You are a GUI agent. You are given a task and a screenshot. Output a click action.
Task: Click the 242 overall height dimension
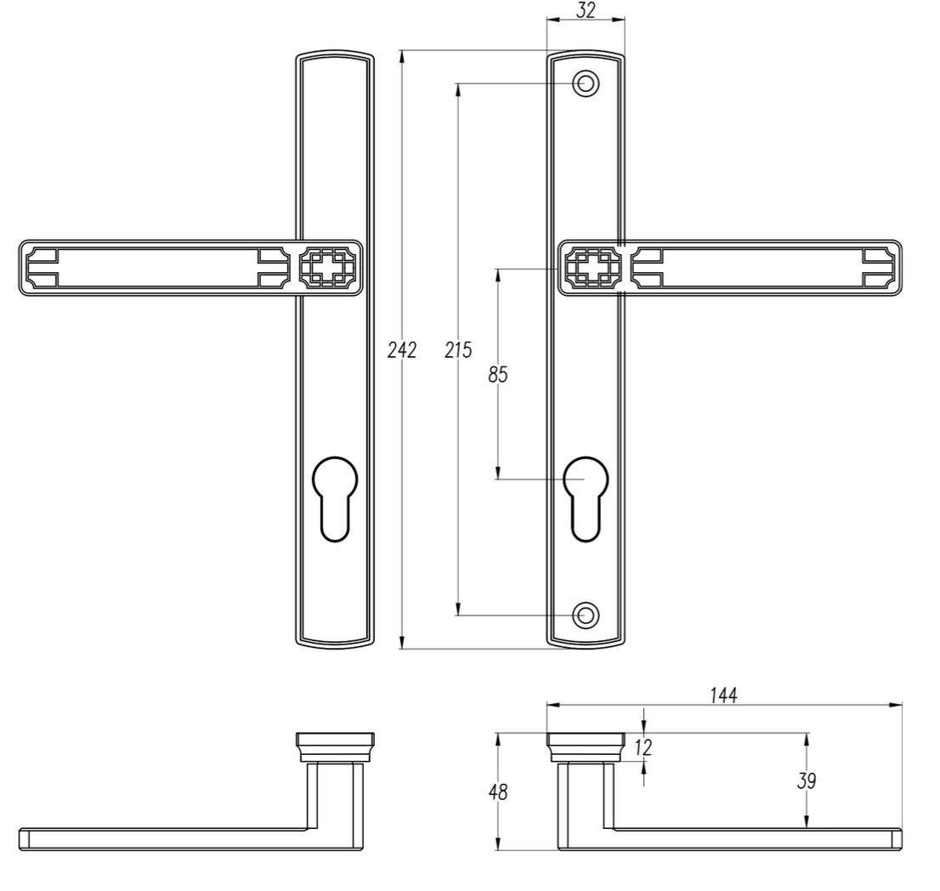click(402, 349)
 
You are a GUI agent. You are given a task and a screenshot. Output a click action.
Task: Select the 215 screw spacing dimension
click(459, 349)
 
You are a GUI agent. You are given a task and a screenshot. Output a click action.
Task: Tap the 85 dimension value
click(498, 375)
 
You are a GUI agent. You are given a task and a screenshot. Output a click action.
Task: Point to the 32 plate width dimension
click(586, 10)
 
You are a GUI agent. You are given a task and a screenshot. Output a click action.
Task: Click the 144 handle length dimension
click(723, 695)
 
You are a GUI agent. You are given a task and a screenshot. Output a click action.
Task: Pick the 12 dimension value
click(642, 747)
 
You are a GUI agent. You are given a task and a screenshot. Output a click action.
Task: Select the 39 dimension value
click(807, 781)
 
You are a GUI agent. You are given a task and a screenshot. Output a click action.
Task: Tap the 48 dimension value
click(498, 792)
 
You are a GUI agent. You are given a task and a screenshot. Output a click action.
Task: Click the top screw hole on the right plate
click(586, 83)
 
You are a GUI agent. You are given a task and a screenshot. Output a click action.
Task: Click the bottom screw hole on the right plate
click(586, 616)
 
